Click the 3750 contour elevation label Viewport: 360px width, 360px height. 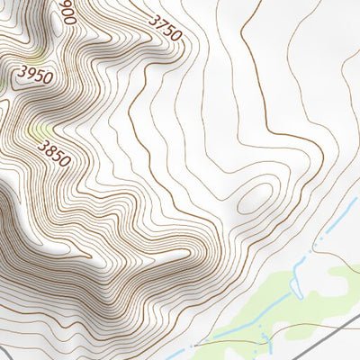(164, 27)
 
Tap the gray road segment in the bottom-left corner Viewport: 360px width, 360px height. (5, 350)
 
